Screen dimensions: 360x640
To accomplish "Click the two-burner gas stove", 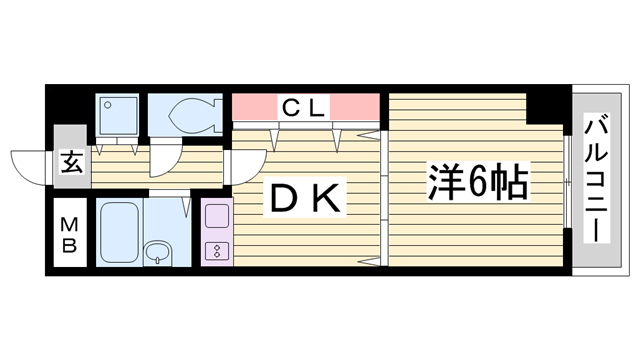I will coord(217,250).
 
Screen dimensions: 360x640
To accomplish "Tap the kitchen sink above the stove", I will coord(217,217).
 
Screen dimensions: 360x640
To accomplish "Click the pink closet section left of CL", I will coord(254,106).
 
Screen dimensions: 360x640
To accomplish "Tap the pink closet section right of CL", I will coord(355,106).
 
